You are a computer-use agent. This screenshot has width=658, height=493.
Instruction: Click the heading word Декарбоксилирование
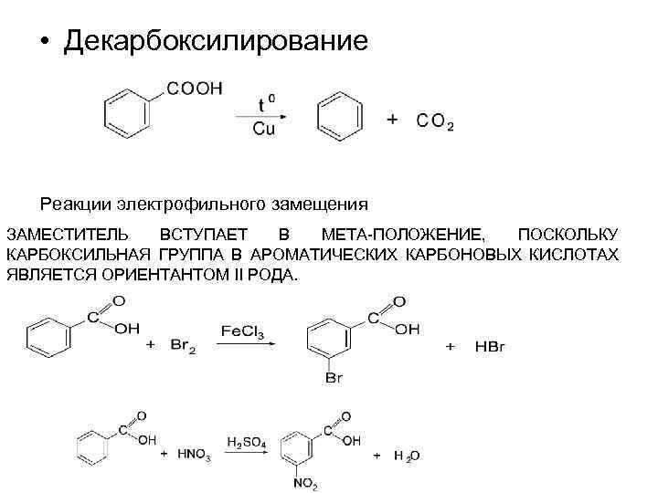(217, 42)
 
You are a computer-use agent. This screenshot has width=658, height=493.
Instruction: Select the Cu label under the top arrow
(263, 130)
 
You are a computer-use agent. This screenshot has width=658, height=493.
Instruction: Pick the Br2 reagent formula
(183, 344)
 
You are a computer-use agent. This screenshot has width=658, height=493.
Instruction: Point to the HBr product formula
(489, 346)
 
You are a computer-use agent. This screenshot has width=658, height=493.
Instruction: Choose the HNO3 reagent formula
(195, 454)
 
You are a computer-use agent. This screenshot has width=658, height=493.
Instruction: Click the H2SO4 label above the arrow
(247, 443)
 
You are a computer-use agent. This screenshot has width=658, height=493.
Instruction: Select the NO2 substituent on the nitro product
(305, 484)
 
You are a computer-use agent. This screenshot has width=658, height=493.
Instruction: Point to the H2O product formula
(407, 455)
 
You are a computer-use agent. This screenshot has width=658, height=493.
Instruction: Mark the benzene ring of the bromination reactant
(48, 339)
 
